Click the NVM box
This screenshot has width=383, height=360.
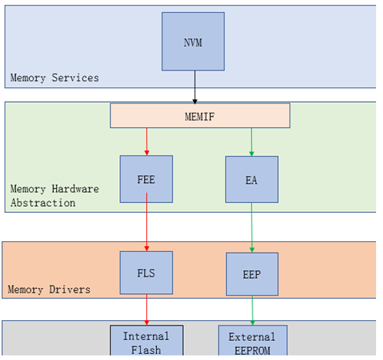click(193, 41)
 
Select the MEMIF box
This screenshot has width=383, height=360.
click(200, 116)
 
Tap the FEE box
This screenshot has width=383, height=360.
click(146, 179)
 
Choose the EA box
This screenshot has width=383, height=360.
click(252, 179)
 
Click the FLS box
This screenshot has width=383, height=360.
click(146, 273)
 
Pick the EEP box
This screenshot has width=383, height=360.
click(252, 274)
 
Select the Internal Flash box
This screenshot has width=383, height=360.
click(146, 340)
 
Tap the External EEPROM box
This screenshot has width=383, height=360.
click(253, 341)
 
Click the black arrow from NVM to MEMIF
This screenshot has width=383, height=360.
click(195, 87)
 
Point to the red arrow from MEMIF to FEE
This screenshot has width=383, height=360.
click(147, 142)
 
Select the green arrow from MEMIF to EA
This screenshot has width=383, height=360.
click(251, 142)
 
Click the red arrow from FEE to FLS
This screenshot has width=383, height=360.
click(147, 222)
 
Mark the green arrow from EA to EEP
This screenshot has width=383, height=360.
click(252, 227)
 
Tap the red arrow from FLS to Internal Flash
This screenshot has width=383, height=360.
click(147, 309)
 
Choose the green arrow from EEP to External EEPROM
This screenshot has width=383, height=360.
click(252, 310)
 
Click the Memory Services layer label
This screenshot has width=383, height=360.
click(54, 78)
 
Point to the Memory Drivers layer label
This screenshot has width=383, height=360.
click(49, 290)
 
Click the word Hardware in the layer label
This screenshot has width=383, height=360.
click(75, 189)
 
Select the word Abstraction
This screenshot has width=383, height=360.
click(43, 203)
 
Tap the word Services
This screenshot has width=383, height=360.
click(75, 77)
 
